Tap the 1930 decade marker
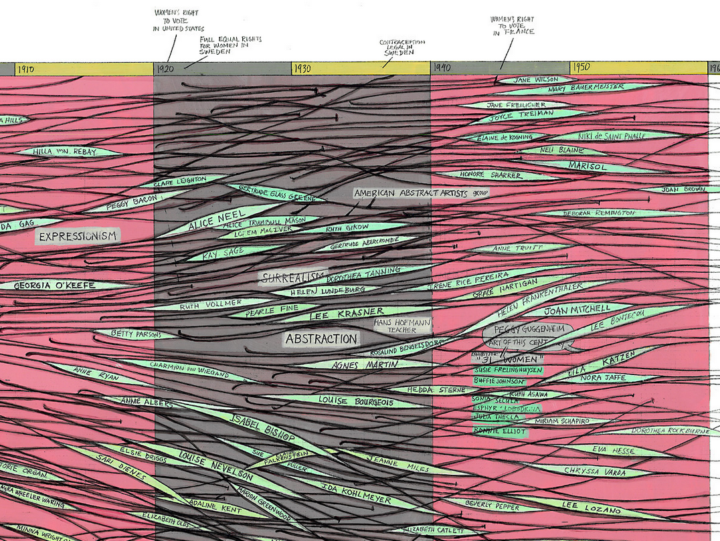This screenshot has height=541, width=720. click(303, 68)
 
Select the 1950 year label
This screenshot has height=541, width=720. click(580, 68)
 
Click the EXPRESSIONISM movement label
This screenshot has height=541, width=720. click(78, 236)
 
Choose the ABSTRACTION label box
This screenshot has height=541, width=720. click(321, 339)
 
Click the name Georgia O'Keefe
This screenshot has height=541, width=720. click(55, 286)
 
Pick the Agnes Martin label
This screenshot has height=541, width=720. click(365, 364)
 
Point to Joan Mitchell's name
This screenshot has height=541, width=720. click(577, 310)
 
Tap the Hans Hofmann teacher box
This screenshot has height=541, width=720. click(402, 326)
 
